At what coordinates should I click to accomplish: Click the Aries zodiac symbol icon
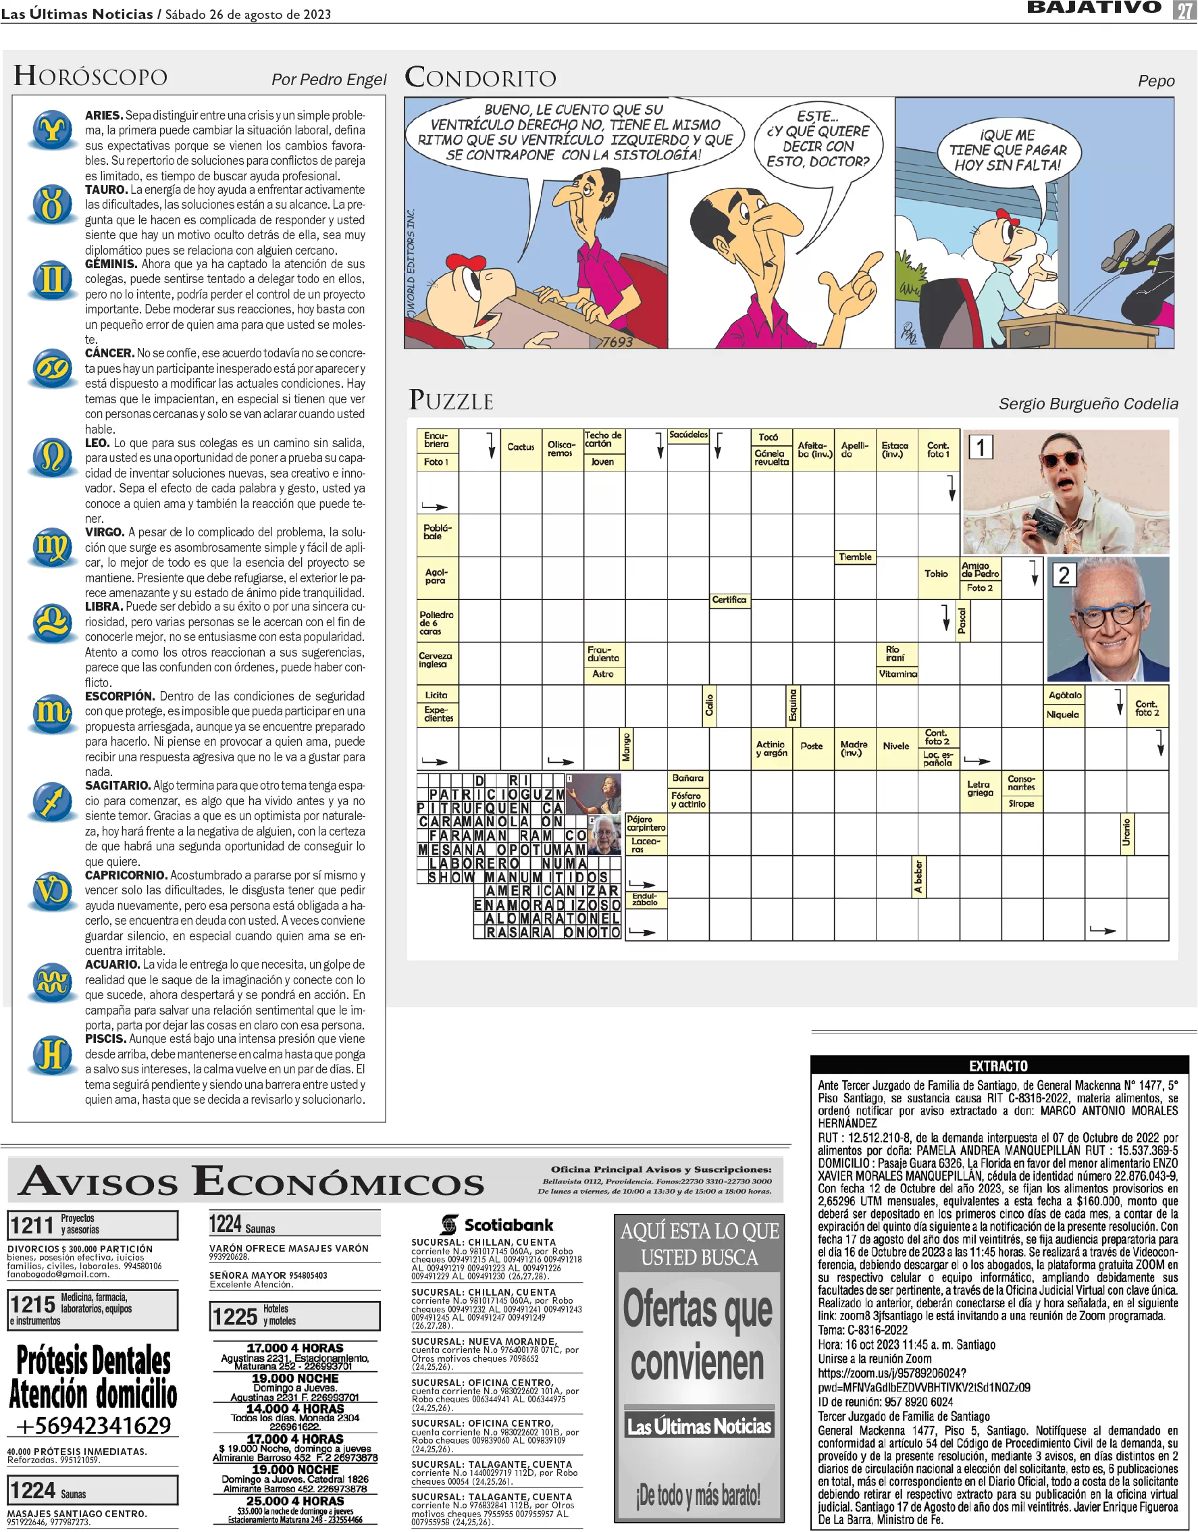pyautogui.click(x=53, y=130)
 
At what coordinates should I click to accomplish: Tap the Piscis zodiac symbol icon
pyautogui.click(x=53, y=1054)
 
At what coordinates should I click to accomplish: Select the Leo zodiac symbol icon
pyautogui.click(x=53, y=457)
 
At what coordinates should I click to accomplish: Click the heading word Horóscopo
pyautogui.click(x=90, y=76)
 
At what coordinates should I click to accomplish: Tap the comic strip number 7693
pyautogui.click(x=616, y=342)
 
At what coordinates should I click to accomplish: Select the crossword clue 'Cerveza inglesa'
pyautogui.click(x=436, y=660)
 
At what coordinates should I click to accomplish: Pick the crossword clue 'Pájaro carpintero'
pyautogui.click(x=646, y=823)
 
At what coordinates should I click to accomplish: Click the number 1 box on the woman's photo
pyautogui.click(x=981, y=448)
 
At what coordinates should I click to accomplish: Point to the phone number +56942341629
pyautogui.click(x=93, y=1426)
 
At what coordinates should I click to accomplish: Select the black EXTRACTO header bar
pyautogui.click(x=999, y=1066)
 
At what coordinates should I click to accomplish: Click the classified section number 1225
pyautogui.click(x=236, y=1317)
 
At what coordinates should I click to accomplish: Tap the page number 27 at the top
pyautogui.click(x=1184, y=10)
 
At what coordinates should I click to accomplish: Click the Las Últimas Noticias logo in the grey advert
pyautogui.click(x=700, y=1427)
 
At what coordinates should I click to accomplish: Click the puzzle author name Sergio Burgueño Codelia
pyautogui.click(x=1088, y=404)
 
